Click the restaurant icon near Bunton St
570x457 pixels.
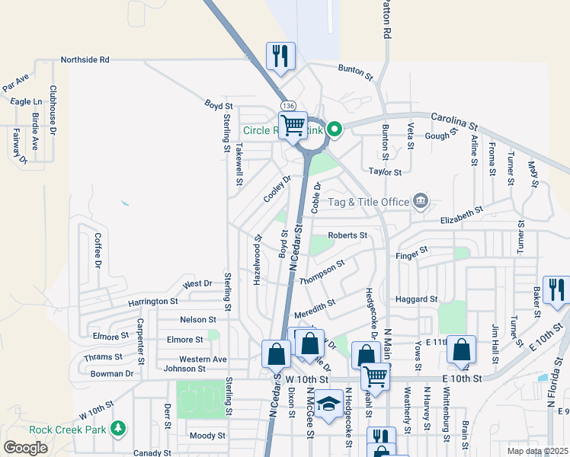click(280, 56)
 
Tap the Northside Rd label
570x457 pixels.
click(85, 59)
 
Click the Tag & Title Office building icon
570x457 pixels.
click(420, 201)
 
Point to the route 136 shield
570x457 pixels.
click(287, 105)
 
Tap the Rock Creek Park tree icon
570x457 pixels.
click(117, 428)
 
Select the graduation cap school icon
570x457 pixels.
click(329, 404)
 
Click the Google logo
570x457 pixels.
click(25, 448)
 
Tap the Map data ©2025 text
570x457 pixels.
click(538, 451)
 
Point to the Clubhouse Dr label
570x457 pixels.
click(53, 110)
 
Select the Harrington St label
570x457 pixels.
click(152, 302)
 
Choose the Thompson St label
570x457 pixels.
click(322, 272)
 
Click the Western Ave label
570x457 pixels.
click(203, 359)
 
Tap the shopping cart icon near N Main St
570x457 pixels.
click(375, 375)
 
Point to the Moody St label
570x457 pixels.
click(207, 436)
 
